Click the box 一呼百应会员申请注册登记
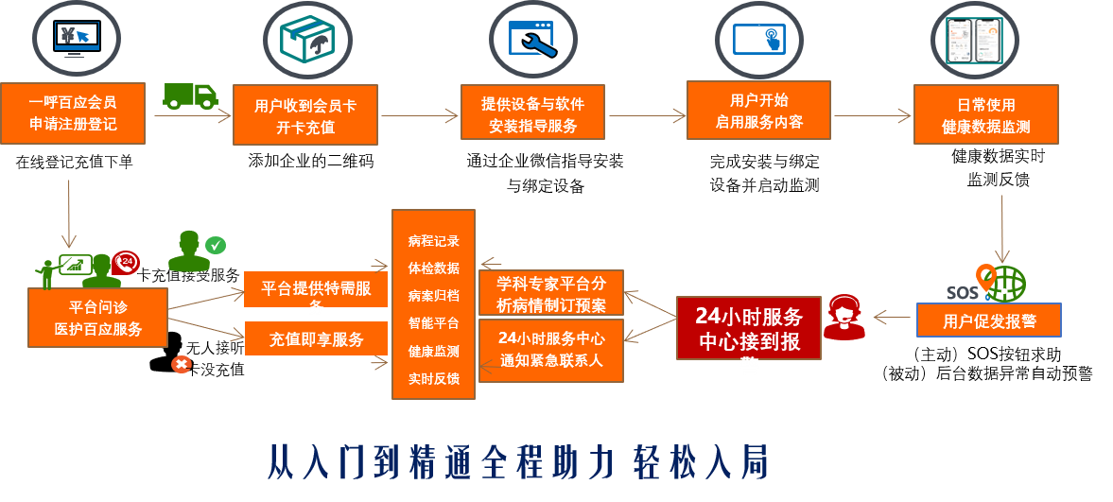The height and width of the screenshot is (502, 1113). coord(73,113)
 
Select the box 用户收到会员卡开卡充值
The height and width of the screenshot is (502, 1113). coord(305,116)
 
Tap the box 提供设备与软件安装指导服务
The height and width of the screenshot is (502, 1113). coord(532,113)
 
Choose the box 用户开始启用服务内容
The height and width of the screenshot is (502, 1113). coord(758,110)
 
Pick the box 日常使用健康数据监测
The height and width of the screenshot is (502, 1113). coord(985,114)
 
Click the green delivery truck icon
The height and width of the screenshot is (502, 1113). coord(190,95)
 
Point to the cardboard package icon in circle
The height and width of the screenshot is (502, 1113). coord(306,40)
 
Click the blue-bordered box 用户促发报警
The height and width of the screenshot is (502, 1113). coord(989,320)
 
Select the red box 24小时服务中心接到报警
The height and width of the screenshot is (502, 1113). coord(749,328)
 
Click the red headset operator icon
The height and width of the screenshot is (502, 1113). coord(843,317)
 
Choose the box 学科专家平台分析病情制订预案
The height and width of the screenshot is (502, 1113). coord(551,293)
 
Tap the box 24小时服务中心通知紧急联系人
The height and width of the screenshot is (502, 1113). coord(551,350)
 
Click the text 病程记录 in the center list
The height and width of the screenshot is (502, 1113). coord(433,241)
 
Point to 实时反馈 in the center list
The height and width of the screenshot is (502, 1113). coord(433,378)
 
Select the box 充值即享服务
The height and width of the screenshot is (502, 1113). coord(316,338)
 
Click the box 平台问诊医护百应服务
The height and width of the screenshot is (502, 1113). coord(97,318)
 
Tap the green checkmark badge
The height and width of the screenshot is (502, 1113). coord(216,245)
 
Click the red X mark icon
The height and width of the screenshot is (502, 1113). coord(182,364)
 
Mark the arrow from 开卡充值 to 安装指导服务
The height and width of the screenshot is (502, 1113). coord(419,116)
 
